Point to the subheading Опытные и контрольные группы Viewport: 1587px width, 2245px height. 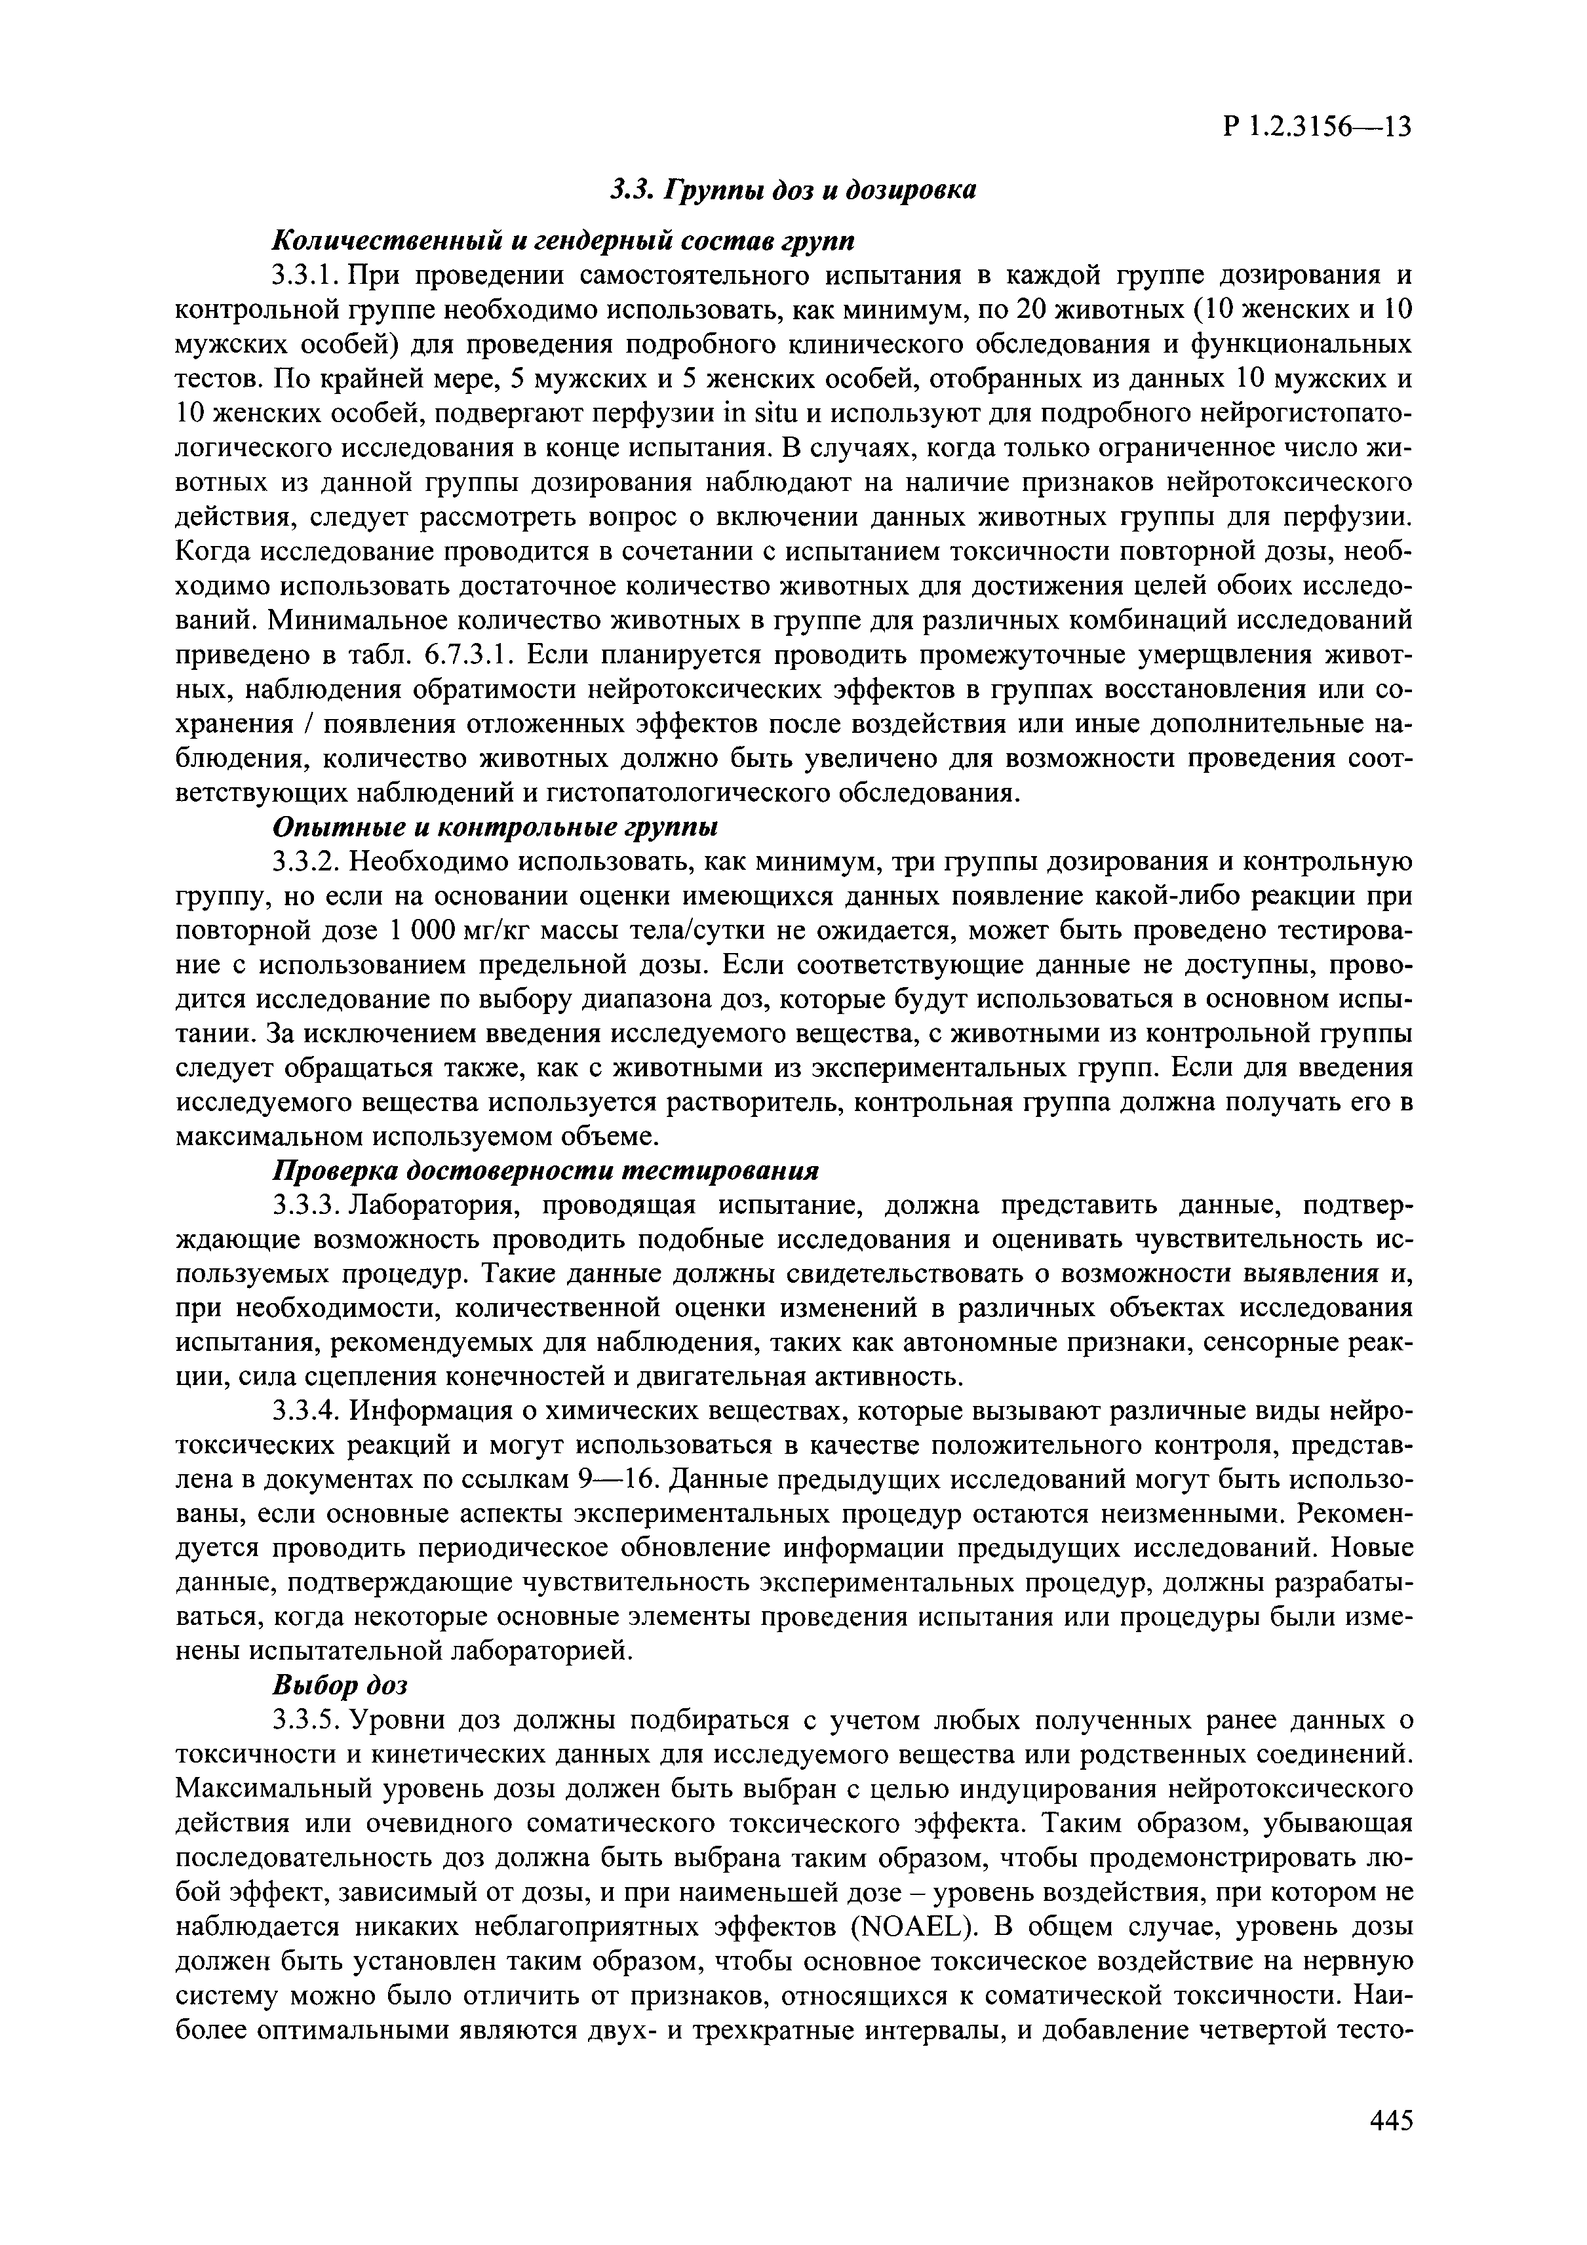495,827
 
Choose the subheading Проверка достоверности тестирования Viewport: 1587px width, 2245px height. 545,1171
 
